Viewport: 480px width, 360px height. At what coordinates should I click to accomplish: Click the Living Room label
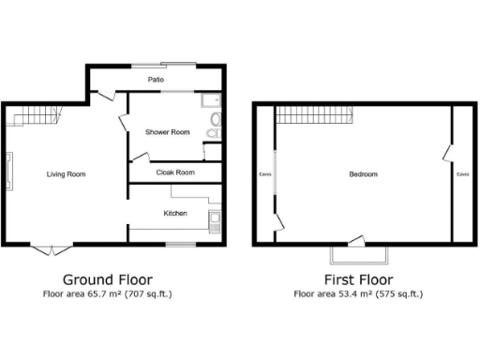click(x=67, y=174)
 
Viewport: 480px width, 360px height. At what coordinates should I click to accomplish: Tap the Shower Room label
click(x=167, y=132)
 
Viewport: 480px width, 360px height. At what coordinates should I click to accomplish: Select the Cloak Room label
click(x=175, y=172)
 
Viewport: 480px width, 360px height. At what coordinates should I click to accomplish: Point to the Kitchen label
click(x=175, y=214)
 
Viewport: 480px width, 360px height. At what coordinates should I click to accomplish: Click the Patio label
click(x=156, y=81)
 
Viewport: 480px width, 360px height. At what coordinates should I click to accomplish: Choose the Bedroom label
click(x=363, y=174)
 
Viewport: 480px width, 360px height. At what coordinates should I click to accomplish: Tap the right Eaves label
click(x=462, y=174)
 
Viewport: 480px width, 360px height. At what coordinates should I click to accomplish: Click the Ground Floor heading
click(x=107, y=279)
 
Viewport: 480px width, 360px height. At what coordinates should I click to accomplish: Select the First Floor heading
click(x=358, y=279)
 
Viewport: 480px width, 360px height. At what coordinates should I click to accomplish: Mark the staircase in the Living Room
click(x=33, y=116)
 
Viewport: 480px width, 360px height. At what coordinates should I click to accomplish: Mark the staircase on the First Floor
click(x=313, y=116)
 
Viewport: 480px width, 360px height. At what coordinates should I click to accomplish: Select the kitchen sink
click(x=215, y=222)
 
